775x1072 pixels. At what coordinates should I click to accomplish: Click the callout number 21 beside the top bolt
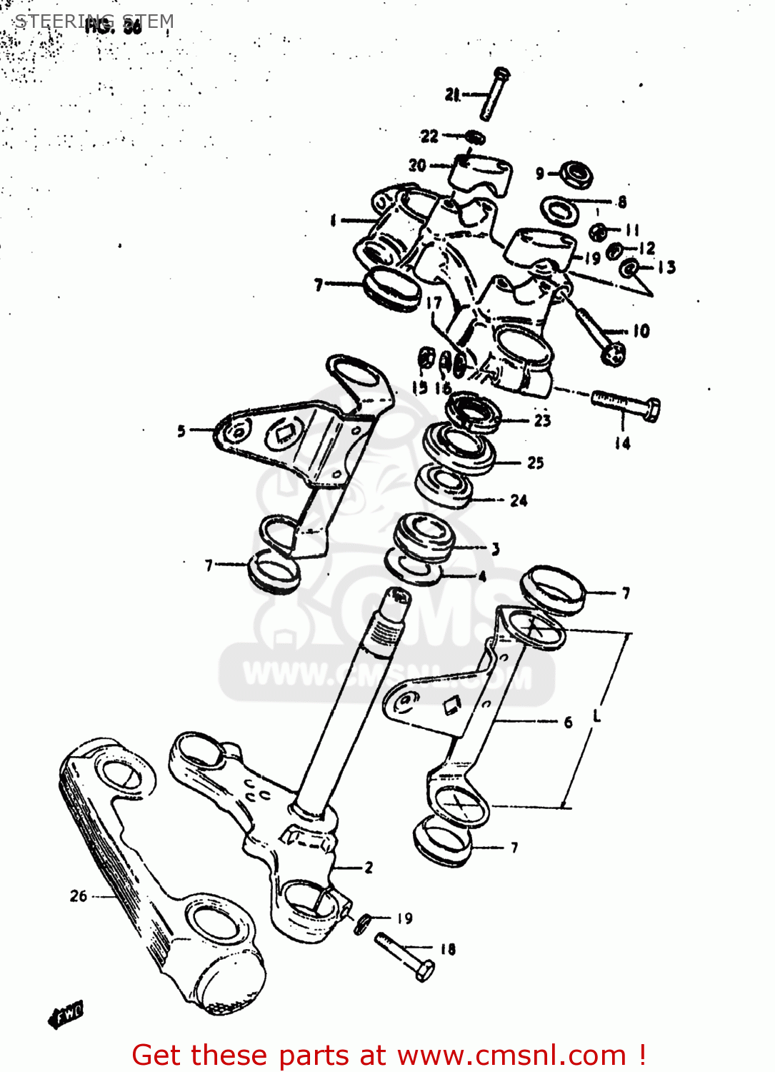452,94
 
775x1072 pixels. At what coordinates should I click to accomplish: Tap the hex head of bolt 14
651,410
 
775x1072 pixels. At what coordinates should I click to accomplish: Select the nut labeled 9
576,173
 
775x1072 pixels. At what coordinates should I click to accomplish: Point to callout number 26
79,895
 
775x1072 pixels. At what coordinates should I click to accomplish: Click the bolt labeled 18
404,956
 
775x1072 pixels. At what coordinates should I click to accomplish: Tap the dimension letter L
597,715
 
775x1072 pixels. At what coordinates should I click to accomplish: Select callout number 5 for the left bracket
181,431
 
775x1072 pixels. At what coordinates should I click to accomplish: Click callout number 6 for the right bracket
568,723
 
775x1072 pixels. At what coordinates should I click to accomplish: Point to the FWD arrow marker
66,1014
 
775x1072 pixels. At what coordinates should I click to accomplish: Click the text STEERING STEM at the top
94,21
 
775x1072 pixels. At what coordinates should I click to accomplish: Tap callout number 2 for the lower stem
369,868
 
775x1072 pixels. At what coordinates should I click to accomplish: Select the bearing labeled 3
426,537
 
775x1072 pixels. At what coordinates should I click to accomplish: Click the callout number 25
536,463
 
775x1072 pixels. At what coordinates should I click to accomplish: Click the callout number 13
666,267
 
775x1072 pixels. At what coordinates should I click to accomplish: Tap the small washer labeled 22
475,137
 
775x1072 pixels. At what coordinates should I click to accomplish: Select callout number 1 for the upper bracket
333,221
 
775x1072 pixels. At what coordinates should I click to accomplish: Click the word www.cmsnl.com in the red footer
511,1055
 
